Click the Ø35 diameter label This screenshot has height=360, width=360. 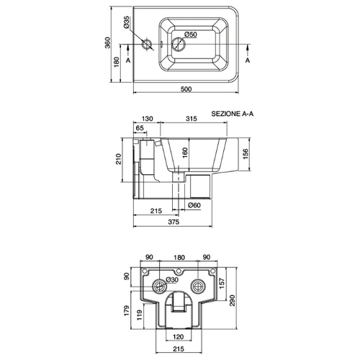coord(127,22)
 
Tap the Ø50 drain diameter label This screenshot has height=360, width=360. coord(191,35)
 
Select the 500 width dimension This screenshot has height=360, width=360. coord(186,89)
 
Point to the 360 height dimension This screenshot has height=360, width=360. coord(108,42)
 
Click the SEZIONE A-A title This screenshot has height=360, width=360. coord(232,114)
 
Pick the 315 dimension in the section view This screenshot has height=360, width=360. coord(192,119)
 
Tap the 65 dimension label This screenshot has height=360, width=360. coord(140,128)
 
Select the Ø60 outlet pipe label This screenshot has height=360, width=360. coord(194,205)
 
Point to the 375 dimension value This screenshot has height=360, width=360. coord(174,222)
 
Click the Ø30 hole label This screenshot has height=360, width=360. coord(172,280)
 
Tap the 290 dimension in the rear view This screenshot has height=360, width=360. coord(233,300)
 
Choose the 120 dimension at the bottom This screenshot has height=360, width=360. coord(178,337)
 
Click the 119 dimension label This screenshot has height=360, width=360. coord(139,315)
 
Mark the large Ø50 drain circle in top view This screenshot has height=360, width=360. coord(179,44)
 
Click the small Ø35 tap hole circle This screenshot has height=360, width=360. coord(147,44)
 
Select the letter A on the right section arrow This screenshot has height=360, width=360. coord(248,60)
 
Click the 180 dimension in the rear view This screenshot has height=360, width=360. coord(179,258)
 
